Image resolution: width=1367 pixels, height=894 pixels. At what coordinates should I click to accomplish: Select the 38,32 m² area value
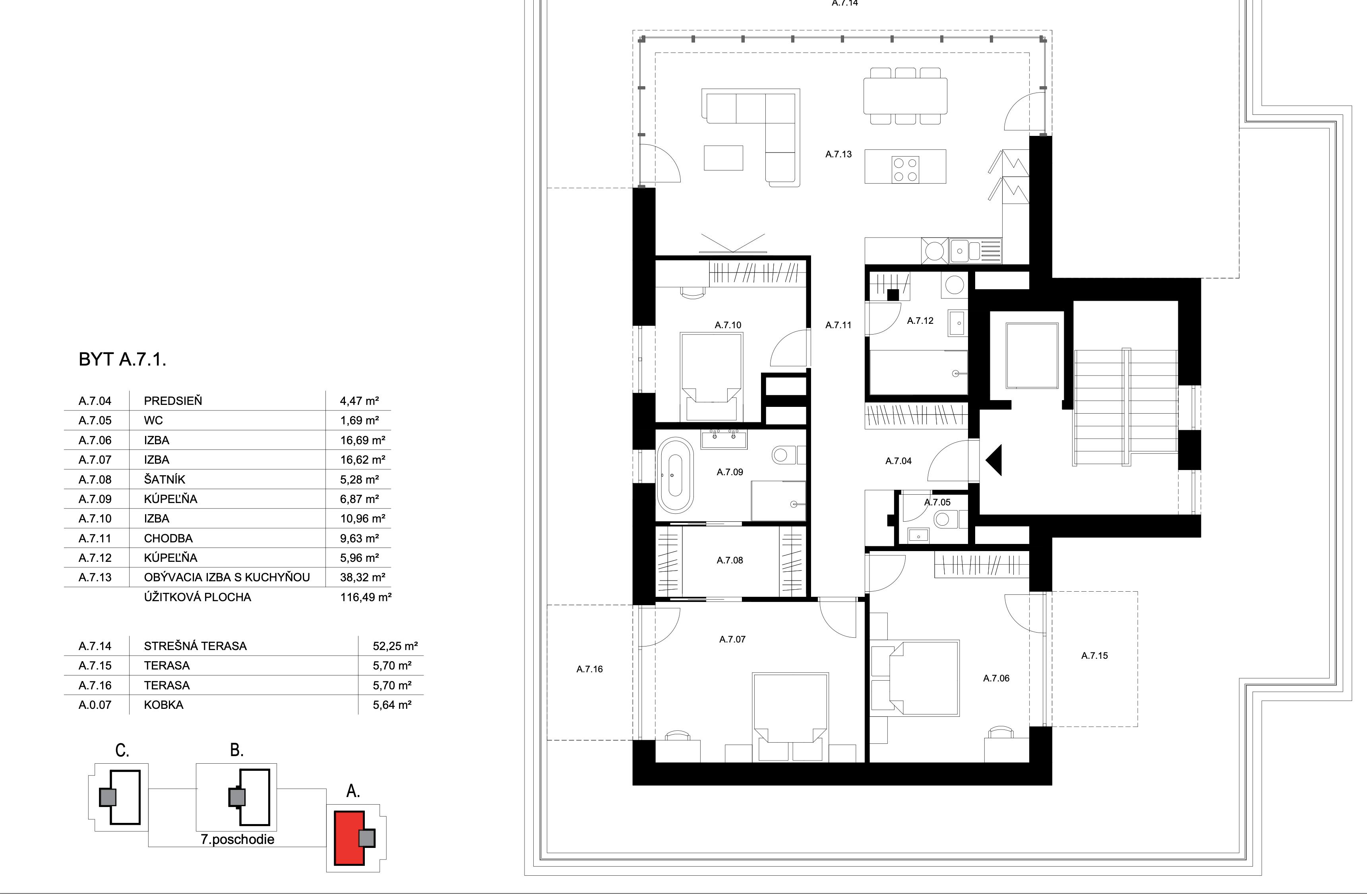(362, 577)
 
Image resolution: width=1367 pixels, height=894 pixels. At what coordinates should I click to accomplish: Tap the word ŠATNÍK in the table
(164, 480)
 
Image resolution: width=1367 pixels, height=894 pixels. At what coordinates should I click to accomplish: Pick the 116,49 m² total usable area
(365, 597)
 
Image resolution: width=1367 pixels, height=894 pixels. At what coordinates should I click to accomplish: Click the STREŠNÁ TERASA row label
(195, 646)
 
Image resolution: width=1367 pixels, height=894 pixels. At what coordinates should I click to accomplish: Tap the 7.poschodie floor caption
(237, 840)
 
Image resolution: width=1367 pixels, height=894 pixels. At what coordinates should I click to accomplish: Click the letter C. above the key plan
(122, 751)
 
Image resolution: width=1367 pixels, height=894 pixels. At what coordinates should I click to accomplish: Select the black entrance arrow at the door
(994, 460)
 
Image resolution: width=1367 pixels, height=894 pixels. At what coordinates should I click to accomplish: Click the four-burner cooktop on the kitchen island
(905, 169)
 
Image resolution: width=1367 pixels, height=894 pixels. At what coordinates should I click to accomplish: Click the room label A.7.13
(838, 154)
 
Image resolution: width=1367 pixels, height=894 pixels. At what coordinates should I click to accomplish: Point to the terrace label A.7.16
(589, 669)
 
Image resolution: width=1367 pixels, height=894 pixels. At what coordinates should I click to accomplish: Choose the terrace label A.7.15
(1094, 656)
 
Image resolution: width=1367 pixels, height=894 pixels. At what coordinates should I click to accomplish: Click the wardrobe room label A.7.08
(730, 560)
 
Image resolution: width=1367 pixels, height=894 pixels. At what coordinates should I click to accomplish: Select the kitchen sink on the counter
(964, 250)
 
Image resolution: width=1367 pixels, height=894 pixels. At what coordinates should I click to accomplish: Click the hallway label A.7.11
(838, 325)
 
